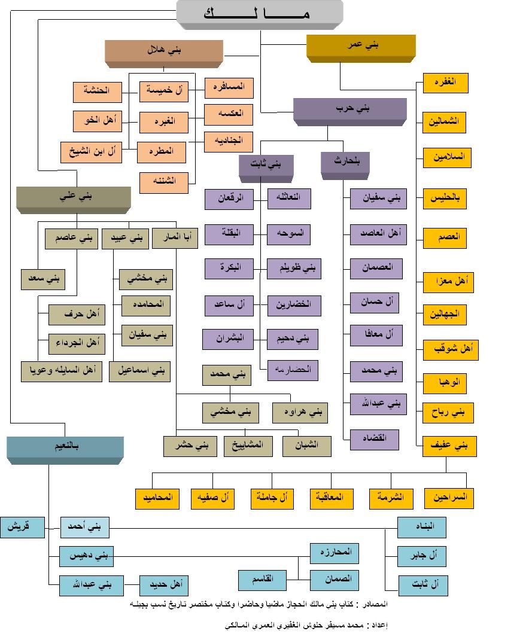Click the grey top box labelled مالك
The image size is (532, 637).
[x=259, y=13]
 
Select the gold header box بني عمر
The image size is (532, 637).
[x=361, y=45]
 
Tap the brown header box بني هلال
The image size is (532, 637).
[x=163, y=51]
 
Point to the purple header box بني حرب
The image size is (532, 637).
[x=349, y=109]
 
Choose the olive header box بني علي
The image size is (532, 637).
[x=73, y=197]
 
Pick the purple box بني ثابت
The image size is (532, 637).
[x=267, y=163]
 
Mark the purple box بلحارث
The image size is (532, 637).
[x=345, y=161]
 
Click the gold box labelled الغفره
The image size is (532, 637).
[x=445, y=83]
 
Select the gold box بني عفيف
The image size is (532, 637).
[x=449, y=446]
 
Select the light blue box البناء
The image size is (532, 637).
[x=422, y=527]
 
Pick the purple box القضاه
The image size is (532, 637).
[x=376, y=438]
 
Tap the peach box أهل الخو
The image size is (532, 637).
[x=98, y=121]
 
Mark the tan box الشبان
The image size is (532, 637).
[x=308, y=446]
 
